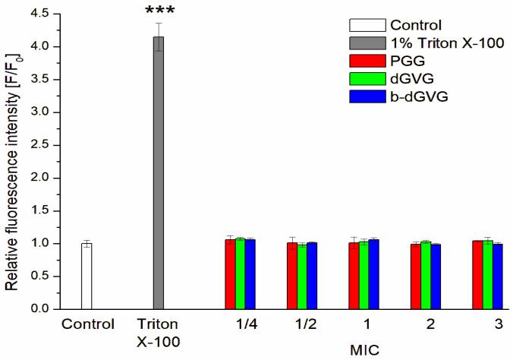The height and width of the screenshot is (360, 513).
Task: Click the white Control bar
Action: point(87,276)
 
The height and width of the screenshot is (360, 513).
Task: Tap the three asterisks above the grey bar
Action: point(159,17)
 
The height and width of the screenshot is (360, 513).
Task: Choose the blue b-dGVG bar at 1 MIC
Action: point(373,274)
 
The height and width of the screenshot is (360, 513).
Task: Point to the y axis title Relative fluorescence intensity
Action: point(13,163)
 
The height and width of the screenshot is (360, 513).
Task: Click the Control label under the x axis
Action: point(87,324)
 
